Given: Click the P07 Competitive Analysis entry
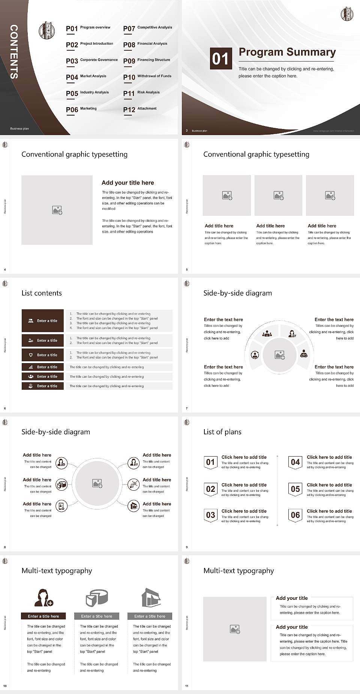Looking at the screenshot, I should pos(148,28).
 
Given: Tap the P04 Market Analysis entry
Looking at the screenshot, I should pos(86,77).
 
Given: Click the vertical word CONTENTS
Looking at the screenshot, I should pos(13,52).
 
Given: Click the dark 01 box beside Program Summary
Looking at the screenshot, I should pos(220,59).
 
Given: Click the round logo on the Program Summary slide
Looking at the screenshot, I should pos(347,14).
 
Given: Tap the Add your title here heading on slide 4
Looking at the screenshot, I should pos(127,183).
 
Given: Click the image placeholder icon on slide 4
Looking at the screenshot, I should pos(57,210).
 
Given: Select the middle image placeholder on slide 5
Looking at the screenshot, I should pos(278,195).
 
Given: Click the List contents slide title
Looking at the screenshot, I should pos(42,293).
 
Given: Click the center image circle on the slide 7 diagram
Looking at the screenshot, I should pos(279,355).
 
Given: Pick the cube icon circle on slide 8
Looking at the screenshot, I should pos(61,485).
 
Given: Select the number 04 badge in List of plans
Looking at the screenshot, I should pos(295,462).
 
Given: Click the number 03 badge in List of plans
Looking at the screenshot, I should pos(210,515).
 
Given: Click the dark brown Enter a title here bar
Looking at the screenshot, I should pos(43,616).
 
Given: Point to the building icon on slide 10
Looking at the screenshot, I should pos(151,598).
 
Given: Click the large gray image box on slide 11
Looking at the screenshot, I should pos(235,629).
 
